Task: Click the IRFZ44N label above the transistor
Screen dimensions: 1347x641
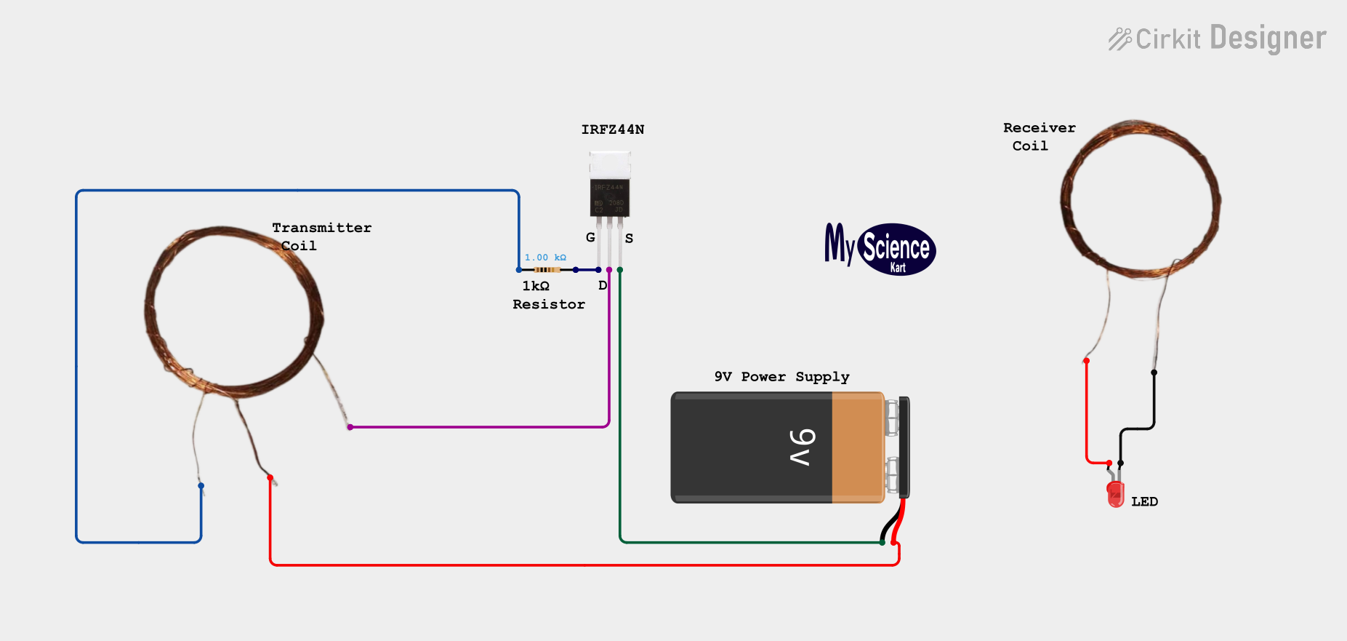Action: coord(613,130)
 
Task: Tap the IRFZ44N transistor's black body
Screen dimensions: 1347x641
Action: coord(609,197)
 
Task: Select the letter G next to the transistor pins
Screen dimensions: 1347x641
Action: coord(590,237)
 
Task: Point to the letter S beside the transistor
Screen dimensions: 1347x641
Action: coord(629,238)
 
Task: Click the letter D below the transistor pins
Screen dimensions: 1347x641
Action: coord(603,285)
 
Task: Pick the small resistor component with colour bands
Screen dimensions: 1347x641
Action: coord(547,270)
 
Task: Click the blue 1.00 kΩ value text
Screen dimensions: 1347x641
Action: coord(545,258)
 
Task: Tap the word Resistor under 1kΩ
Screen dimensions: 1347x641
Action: coord(549,304)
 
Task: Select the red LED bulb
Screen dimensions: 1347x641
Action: coord(1115,494)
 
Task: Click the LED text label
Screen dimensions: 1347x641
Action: coord(1144,501)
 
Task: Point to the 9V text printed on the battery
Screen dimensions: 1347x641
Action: coord(803,447)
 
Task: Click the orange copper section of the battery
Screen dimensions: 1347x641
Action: coord(858,447)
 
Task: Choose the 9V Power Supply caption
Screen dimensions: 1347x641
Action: coord(781,377)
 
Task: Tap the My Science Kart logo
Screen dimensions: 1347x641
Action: coord(880,249)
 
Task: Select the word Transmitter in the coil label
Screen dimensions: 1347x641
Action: coord(322,228)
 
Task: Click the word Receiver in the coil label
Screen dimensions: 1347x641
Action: coord(1040,128)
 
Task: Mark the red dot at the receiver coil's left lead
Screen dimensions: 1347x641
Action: coord(1086,361)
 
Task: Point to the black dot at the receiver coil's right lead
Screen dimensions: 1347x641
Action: coord(1154,373)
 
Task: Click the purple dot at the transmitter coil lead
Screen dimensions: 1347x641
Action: coord(350,427)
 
